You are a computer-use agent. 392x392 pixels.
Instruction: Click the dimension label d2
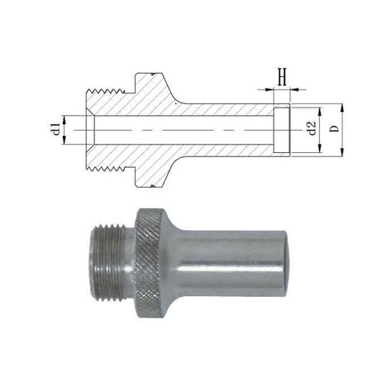click(311, 130)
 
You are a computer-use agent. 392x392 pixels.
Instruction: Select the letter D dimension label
click(333, 130)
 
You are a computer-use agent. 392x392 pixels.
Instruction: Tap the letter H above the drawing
click(282, 78)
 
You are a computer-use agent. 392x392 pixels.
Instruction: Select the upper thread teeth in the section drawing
click(106, 88)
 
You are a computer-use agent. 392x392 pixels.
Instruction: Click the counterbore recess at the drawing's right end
click(283, 129)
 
